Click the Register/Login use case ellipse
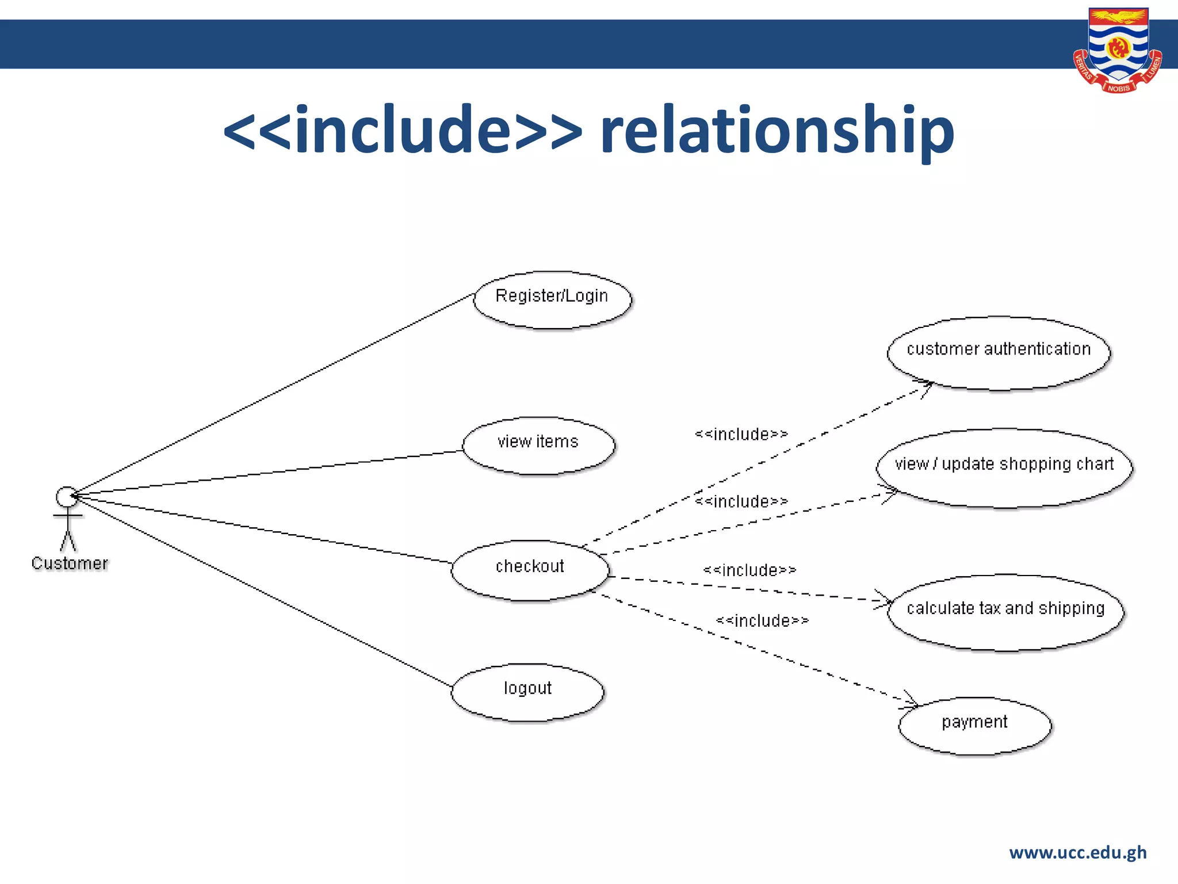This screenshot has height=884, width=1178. pos(552,300)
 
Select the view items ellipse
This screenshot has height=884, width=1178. pos(538,446)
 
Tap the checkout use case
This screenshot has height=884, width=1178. pos(530,570)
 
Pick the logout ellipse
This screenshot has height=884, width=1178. pos(527,692)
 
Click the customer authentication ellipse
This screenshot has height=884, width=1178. pos(999,353)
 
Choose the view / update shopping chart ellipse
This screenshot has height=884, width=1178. pos(1004,468)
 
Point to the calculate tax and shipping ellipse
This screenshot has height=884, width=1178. pos(1005,612)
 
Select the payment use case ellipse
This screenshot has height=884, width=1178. pos(974,726)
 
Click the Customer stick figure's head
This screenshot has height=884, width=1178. pos(67,497)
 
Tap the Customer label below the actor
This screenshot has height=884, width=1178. pos(70,563)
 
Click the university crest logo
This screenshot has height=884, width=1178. pos(1118,51)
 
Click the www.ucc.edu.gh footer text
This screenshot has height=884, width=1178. pos(1077,852)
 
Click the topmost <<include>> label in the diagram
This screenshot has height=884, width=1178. pos(741,434)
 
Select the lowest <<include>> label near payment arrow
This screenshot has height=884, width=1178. pos(762,621)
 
